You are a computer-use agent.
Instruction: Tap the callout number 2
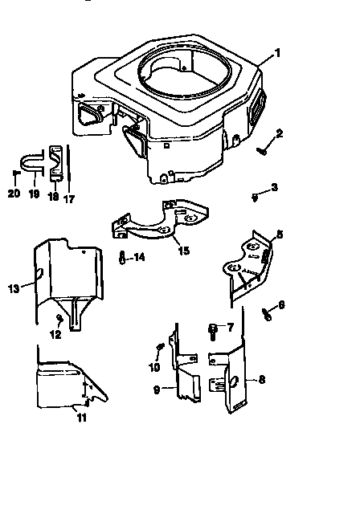pos(279,133)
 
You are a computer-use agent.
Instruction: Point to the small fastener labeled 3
pos(255,195)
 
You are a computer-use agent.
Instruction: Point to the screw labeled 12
pos(59,321)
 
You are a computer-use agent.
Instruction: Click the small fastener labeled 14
pos(121,258)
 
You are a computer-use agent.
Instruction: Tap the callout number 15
pos(183,251)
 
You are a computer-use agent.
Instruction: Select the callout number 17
pos(69,198)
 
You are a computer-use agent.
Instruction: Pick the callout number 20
pos(13,193)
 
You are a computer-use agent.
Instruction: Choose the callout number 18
pos(54,196)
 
